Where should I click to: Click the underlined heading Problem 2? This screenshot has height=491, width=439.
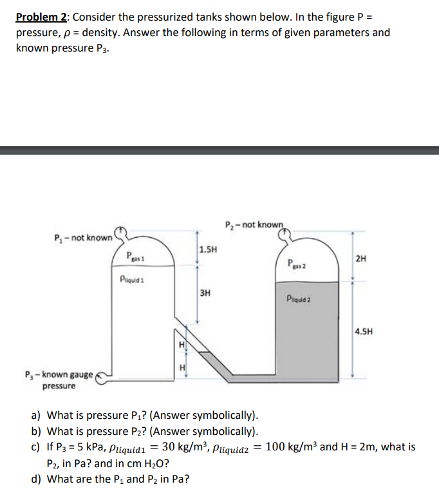[x=44, y=16]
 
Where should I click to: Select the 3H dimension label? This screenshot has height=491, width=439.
[x=205, y=293]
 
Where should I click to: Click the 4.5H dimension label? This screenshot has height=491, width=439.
[x=364, y=332]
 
